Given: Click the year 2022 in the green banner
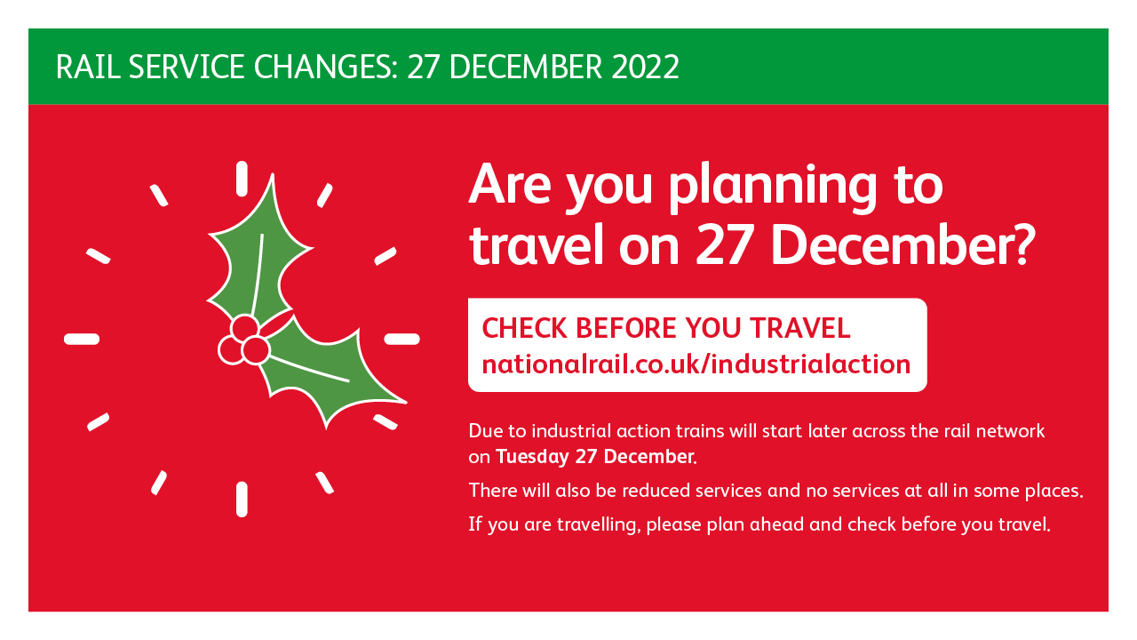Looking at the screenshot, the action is (x=645, y=67).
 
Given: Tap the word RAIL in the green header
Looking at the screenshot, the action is (x=88, y=67).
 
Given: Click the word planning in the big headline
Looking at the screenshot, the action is (x=773, y=187).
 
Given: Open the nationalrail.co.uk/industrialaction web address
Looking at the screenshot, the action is (x=696, y=364).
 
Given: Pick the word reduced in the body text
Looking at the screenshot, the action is (x=656, y=491).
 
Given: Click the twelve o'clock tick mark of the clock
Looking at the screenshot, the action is (x=242, y=179).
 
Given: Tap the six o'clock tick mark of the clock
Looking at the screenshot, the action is (x=242, y=500).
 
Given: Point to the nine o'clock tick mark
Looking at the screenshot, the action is (x=82, y=340).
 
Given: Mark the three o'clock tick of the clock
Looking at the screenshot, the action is (x=402, y=340).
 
